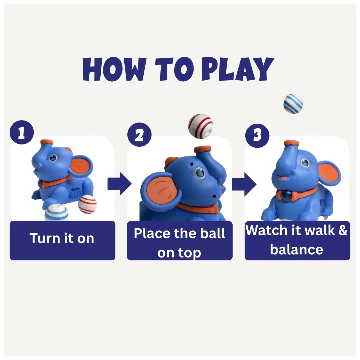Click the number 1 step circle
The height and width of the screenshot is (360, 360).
[22, 132]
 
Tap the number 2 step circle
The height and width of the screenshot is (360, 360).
[140, 135]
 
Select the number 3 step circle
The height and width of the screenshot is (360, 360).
[257, 135]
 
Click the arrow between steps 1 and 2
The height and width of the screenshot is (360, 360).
[120, 184]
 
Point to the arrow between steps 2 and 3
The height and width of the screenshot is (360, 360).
[244, 184]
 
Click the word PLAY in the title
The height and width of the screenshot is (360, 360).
[238, 69]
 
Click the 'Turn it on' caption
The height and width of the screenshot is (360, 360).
[62, 238]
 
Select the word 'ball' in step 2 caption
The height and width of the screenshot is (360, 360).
[212, 233]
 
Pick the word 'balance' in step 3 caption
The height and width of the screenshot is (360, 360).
[296, 250]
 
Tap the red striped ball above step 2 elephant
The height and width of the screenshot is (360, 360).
[200, 126]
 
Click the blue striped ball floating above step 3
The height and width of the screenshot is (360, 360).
[293, 103]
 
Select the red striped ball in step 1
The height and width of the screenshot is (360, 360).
[87, 204]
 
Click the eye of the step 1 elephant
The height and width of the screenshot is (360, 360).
[53, 158]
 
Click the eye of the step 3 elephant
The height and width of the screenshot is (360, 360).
[305, 163]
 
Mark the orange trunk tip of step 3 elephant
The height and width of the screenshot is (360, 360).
[292, 143]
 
